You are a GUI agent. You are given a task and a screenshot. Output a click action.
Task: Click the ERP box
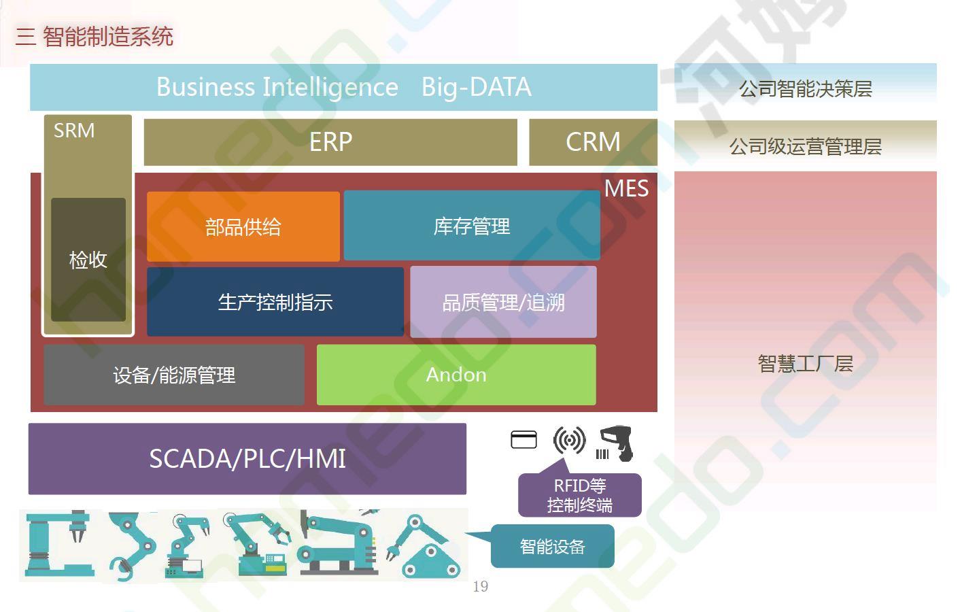[x=330, y=142]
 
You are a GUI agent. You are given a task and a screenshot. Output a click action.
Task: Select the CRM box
[x=593, y=142]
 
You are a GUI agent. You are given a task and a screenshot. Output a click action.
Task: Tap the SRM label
[x=74, y=131]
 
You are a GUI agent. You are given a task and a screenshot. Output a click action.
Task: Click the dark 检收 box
[x=88, y=260]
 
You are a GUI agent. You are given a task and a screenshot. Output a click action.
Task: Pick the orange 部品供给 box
[x=243, y=226]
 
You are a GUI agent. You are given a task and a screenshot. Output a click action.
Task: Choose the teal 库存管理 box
[x=472, y=226]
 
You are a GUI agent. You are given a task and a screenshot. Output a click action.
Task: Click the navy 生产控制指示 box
[x=275, y=302]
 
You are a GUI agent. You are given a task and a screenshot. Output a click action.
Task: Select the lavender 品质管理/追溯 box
[x=504, y=302]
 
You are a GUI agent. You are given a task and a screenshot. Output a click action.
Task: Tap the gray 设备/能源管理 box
[x=174, y=375]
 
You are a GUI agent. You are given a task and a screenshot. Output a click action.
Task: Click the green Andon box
[x=456, y=375]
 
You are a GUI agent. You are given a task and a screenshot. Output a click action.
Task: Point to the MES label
[x=626, y=188]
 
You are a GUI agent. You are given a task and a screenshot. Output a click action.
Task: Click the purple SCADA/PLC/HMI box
[x=247, y=458]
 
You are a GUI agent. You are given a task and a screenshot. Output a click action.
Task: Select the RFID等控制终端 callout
[x=579, y=495]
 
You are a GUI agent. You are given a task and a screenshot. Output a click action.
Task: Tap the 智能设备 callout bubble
[x=553, y=546]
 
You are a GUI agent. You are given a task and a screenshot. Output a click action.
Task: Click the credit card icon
[x=523, y=440]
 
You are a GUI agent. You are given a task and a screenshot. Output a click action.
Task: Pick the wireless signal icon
[x=569, y=440]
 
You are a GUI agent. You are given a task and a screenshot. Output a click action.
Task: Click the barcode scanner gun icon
[x=615, y=443]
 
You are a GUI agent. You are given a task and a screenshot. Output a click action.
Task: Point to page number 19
[x=480, y=586]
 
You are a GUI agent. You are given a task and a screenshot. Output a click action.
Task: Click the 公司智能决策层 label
[x=805, y=88]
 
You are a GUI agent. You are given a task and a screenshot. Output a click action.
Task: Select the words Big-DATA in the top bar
[x=477, y=86]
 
